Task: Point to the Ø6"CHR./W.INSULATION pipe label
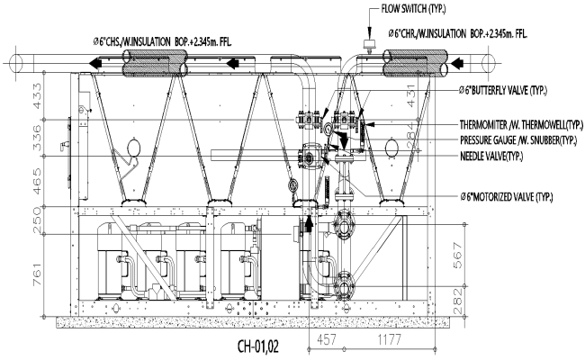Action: [x=456, y=33]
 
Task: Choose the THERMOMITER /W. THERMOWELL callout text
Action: [x=519, y=125]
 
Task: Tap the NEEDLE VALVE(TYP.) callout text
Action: [x=493, y=156]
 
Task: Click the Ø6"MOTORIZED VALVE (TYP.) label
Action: [x=508, y=195]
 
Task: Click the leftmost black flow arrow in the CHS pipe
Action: [x=94, y=64]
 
